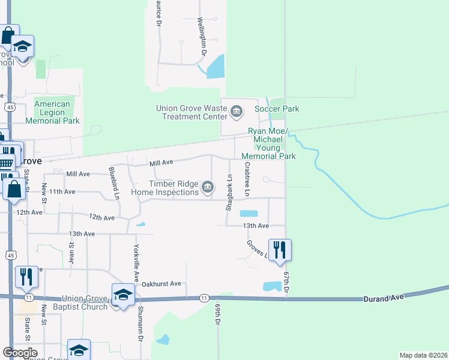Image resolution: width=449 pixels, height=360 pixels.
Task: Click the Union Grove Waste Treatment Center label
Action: (x=191, y=112)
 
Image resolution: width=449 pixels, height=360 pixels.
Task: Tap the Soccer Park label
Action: (x=277, y=109)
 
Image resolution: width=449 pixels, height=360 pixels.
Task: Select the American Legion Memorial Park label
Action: (x=57, y=112)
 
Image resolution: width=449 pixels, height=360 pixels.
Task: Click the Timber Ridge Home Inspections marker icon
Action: (x=208, y=187)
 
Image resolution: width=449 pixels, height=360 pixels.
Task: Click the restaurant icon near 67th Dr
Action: (x=280, y=250)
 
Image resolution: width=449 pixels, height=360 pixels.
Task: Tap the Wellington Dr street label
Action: (x=203, y=37)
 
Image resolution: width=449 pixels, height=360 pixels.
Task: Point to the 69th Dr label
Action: (x=217, y=314)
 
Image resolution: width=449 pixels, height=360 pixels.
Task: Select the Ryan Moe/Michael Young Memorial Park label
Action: (x=268, y=144)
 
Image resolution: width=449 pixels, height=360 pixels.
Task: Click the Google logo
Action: (x=20, y=353)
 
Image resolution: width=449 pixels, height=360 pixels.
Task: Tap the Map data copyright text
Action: (x=423, y=355)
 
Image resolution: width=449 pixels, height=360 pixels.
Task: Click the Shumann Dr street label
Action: (x=140, y=329)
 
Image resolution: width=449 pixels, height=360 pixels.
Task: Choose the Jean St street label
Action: (x=71, y=251)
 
